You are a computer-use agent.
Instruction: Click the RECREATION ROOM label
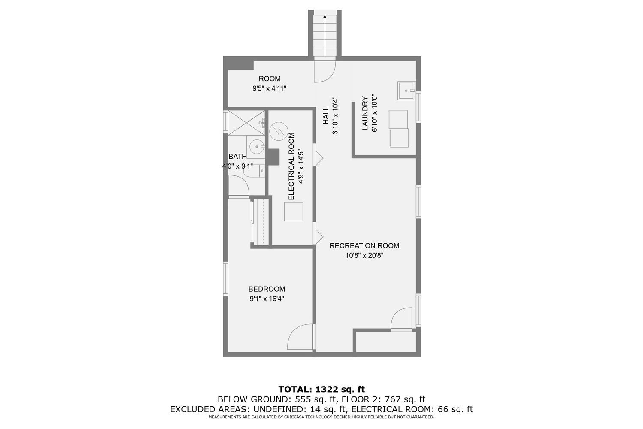[364, 246]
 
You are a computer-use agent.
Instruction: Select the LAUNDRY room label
[365, 113]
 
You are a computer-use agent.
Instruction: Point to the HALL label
[326, 116]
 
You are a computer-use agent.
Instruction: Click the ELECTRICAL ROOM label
[291, 166]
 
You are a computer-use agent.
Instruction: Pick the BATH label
[237, 157]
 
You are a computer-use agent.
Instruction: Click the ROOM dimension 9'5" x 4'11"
[269, 88]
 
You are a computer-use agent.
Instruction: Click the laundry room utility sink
[406, 91]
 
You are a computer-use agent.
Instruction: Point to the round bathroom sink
[257, 146]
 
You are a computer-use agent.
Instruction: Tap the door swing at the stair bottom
[324, 71]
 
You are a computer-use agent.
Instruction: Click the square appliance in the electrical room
[294, 211]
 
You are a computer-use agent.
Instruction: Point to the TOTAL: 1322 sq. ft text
[321, 389]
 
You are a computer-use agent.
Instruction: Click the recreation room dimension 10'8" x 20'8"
[364, 256]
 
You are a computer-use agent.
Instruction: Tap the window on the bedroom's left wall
[225, 279]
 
